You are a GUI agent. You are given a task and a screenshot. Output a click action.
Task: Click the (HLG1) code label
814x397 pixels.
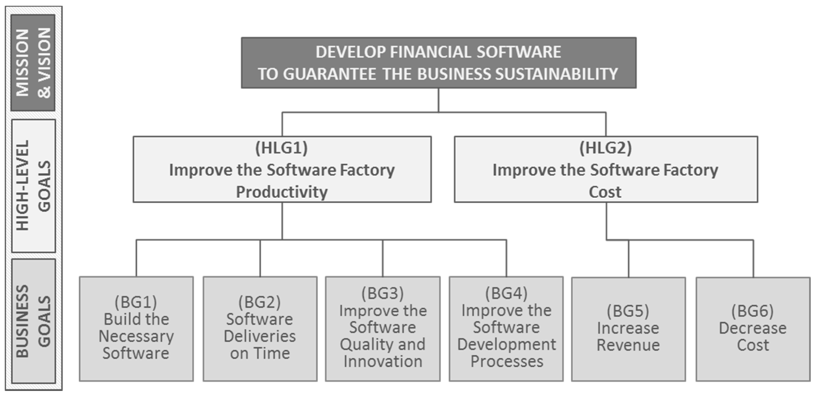281,148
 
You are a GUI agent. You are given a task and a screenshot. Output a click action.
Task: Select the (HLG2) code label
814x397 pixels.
605,148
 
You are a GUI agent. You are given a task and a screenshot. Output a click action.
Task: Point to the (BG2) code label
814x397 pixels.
259,302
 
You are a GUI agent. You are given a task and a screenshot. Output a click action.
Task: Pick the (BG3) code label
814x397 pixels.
382,293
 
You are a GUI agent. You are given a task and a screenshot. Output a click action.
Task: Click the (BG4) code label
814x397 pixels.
506,293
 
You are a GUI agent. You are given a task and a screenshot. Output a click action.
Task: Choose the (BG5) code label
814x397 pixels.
628,311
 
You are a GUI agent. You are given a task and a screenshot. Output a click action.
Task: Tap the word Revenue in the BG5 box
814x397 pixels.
628,345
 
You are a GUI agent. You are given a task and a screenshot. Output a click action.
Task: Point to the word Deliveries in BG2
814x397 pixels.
259,336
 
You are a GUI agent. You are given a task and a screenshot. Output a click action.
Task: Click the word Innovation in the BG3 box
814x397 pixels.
383,361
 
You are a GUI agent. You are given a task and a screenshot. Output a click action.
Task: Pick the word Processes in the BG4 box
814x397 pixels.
507,361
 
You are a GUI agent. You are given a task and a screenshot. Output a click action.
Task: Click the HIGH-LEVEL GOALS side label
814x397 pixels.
33,186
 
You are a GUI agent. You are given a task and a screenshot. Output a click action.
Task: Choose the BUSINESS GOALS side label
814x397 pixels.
33,321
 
